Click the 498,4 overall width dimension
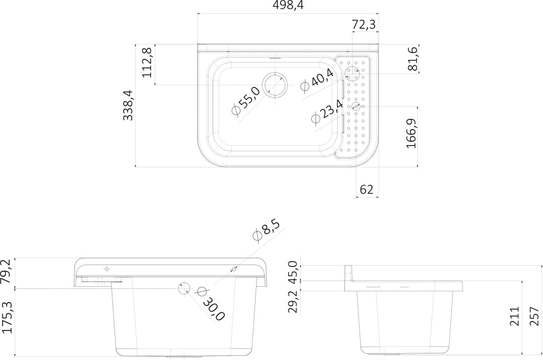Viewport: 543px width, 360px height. (x=288, y=5)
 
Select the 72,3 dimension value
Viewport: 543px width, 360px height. (x=364, y=24)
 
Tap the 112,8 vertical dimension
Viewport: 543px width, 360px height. (x=147, y=63)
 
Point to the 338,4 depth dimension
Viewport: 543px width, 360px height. (x=128, y=105)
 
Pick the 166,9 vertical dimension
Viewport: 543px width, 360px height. (x=411, y=133)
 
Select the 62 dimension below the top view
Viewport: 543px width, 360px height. (x=366, y=190)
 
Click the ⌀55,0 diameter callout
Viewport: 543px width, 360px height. (x=246, y=101)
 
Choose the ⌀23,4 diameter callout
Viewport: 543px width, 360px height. (x=327, y=112)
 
